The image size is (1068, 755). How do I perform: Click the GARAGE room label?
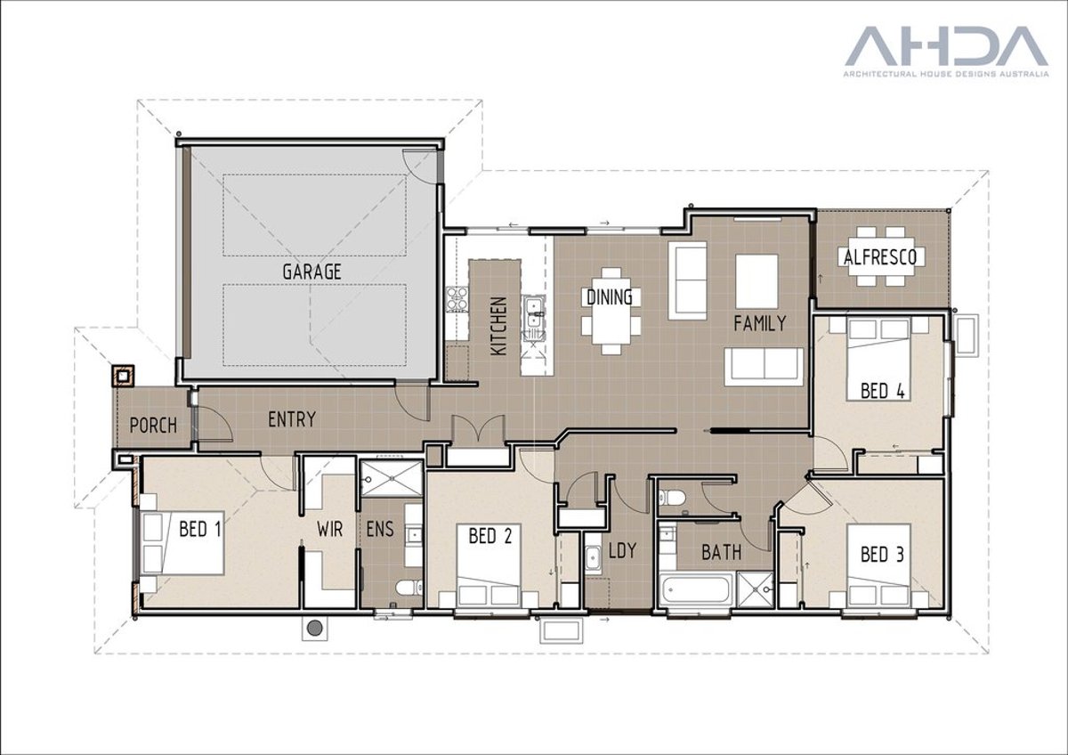tap(311, 272)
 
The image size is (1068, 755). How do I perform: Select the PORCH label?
tap(153, 425)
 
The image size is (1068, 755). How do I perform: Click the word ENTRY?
tap(291, 418)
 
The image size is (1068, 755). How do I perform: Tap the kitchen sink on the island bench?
tap(534, 316)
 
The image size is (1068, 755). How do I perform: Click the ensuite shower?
tap(391, 477)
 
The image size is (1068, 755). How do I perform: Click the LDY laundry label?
tap(622, 551)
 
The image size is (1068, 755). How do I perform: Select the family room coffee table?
tap(756, 281)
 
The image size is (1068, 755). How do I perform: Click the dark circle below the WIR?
tap(313, 628)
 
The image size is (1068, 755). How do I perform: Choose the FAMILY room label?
tap(759, 323)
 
